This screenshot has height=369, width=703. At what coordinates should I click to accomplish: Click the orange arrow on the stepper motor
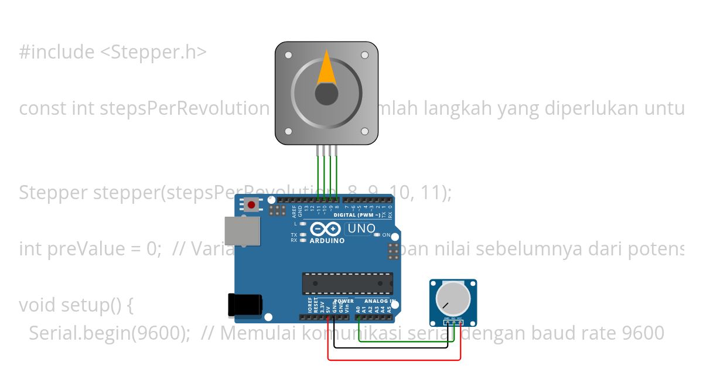326,69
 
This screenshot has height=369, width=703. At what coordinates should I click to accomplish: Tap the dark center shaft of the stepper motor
326,94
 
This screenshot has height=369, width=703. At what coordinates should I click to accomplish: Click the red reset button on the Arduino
252,204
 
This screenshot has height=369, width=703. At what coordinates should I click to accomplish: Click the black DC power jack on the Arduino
245,306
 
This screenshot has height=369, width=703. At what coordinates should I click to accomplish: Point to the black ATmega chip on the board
347,283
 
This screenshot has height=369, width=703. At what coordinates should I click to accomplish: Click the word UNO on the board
361,228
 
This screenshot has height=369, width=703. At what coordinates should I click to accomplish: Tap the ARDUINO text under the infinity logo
327,241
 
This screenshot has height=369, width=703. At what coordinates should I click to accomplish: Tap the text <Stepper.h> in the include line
153,52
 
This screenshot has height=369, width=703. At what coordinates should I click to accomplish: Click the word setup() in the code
90,305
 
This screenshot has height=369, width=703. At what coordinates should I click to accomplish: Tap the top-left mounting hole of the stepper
288,55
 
